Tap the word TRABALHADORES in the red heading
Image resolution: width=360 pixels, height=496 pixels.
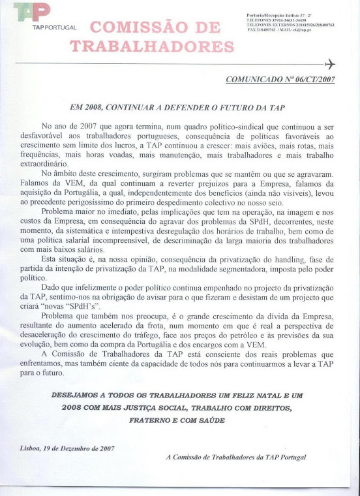pos(151,46)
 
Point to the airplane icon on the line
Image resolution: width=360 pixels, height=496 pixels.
pos(329,64)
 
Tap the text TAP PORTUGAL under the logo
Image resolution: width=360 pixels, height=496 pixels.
pos(55,29)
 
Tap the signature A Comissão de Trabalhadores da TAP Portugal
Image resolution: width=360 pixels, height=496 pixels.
pos(235,457)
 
